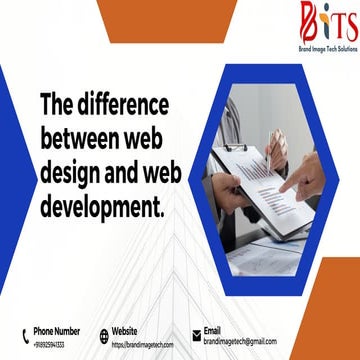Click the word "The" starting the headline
point(55,105)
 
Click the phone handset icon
point(24,336)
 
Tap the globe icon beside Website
point(104,336)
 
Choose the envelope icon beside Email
point(196,337)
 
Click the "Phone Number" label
point(57,330)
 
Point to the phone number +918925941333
point(49,344)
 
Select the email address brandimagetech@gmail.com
point(240,342)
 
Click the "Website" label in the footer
point(125,330)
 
